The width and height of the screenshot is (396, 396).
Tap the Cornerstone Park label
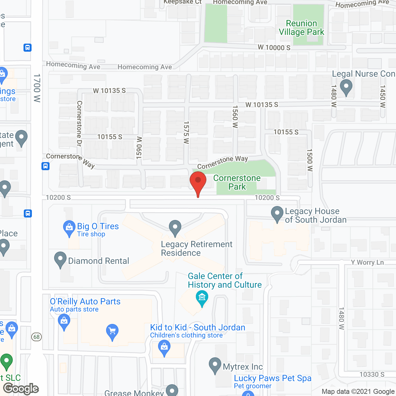click(x=237, y=182)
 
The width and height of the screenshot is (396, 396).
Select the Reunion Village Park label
click(x=301, y=28)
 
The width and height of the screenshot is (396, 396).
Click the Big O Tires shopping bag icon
click(x=69, y=228)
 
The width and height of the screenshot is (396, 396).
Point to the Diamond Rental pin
click(x=60, y=260)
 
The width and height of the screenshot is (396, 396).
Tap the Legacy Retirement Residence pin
click(x=175, y=228)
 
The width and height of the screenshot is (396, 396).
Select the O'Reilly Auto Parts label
click(x=85, y=301)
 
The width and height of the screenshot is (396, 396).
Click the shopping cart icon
click(x=112, y=332)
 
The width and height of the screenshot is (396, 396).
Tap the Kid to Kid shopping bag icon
click(x=164, y=347)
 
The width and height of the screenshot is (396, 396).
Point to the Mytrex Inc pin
click(x=215, y=365)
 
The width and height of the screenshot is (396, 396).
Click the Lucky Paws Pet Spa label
click(x=273, y=378)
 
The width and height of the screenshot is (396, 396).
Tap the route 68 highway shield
click(x=37, y=337)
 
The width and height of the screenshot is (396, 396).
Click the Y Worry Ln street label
click(x=367, y=262)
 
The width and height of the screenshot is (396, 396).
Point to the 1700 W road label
click(x=37, y=88)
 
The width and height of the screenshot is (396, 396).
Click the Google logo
click(x=21, y=389)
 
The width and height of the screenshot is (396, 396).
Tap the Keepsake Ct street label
click(x=183, y=2)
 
